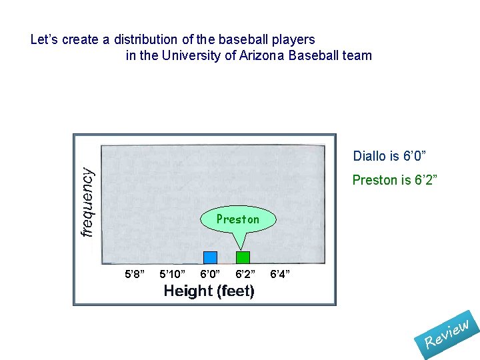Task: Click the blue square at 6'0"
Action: pos(210,257)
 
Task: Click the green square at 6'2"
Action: pos(243,257)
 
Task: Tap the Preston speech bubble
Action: pos(238,219)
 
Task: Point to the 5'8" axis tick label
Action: pos(135,274)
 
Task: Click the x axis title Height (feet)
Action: pos(209,291)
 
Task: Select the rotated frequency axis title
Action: pos(87,201)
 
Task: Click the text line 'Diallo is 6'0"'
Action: pos(389,156)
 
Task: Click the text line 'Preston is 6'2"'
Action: pos(394,180)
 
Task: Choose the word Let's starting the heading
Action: pos(44,39)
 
